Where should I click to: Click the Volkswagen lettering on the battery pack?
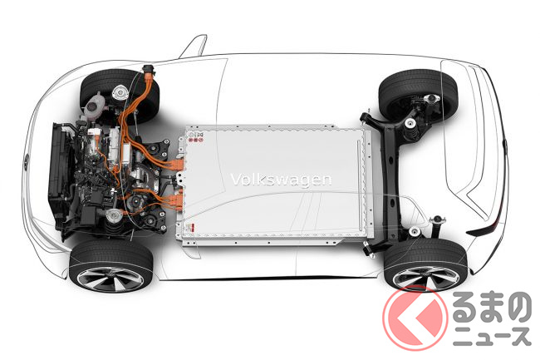click(280, 180)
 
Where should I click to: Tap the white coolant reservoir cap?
click(92, 106)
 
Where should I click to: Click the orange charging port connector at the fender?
click(149, 72)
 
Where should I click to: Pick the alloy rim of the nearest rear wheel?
click(425, 277)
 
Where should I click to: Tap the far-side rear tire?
click(419, 93)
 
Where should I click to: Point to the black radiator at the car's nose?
click(58, 172)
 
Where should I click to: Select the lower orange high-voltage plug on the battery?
click(176, 201)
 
